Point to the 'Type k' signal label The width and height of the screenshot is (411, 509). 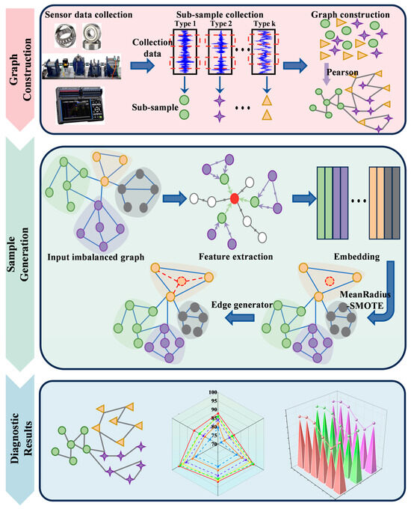tap(266, 25)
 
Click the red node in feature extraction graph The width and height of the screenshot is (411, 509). tap(235, 198)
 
